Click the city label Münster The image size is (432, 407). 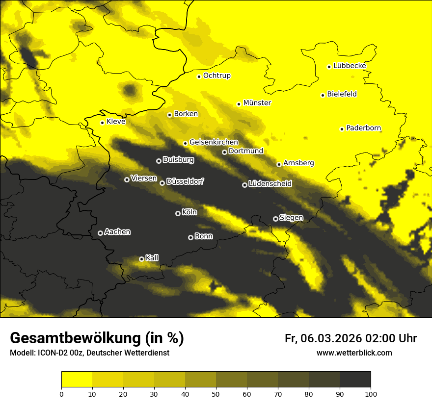(257, 103)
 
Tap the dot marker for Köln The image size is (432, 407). (178, 213)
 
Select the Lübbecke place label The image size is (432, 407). (350, 66)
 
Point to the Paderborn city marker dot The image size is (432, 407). (342, 129)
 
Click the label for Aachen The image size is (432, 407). (117, 232)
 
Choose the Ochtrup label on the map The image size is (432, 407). (216, 76)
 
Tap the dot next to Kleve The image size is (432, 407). (102, 123)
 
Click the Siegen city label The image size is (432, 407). (291, 218)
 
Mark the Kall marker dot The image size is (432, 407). (141, 259)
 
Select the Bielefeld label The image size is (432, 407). (342, 94)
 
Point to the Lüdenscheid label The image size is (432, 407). (270, 184)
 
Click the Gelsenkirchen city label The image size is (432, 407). (214, 142)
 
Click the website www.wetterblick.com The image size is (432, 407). (354, 353)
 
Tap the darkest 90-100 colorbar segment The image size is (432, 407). (355, 380)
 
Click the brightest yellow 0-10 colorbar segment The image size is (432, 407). (77, 380)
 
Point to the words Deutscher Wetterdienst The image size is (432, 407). (131, 353)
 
